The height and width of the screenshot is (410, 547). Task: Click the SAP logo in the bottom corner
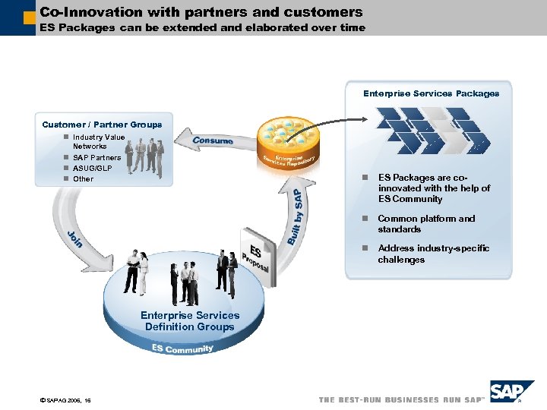[x=511, y=393]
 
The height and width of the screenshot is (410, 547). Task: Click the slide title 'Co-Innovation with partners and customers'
[x=201, y=12]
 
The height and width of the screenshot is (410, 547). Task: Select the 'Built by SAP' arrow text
[x=295, y=216]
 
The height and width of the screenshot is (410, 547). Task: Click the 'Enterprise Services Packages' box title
[x=431, y=93]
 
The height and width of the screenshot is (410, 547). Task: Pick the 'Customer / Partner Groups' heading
[x=102, y=125]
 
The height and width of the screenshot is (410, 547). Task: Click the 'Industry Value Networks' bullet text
[x=98, y=141]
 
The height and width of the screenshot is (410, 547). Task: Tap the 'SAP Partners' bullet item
[x=96, y=158]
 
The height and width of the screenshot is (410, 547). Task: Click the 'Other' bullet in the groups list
[x=84, y=179]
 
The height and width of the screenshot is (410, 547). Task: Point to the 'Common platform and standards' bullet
[x=426, y=224]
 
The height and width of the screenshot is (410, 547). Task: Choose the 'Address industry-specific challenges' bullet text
[x=433, y=254]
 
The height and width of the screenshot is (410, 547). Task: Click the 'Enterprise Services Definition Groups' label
[x=190, y=321]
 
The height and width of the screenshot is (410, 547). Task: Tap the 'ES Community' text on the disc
[x=182, y=348]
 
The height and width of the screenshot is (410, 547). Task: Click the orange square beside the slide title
[x=29, y=16]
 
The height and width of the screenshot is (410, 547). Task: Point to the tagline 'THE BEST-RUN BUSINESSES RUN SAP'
[x=401, y=399]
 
